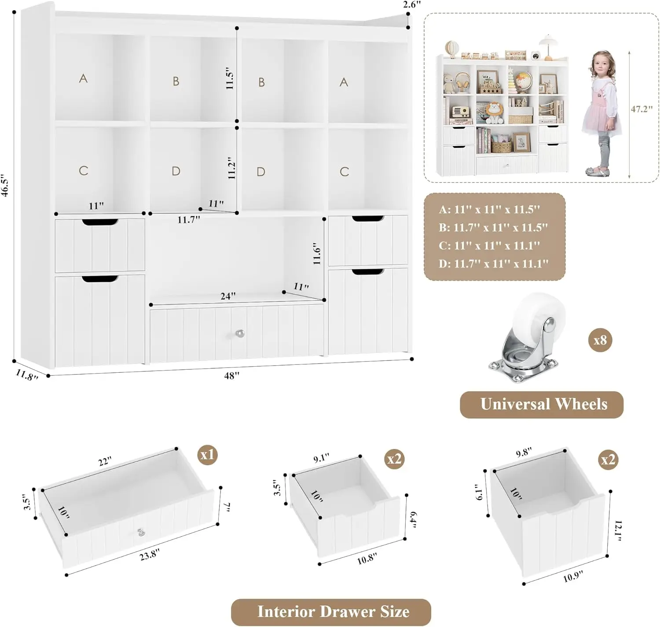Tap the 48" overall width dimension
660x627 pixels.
point(232,375)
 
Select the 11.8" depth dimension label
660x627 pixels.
point(27,375)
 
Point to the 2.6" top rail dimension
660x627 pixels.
point(411,5)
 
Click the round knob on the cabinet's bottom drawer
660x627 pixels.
point(239,334)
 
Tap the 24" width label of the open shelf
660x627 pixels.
point(228,296)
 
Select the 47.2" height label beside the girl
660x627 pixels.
point(642,109)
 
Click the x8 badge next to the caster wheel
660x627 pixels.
point(600,340)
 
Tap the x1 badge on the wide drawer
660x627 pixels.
point(207,454)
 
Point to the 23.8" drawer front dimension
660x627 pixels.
point(149,555)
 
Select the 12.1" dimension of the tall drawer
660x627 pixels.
point(618,531)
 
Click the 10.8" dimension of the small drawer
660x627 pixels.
point(367,559)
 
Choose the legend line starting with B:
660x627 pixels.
point(494,227)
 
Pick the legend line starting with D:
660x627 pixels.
point(494,263)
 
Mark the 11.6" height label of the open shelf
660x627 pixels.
point(317,253)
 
